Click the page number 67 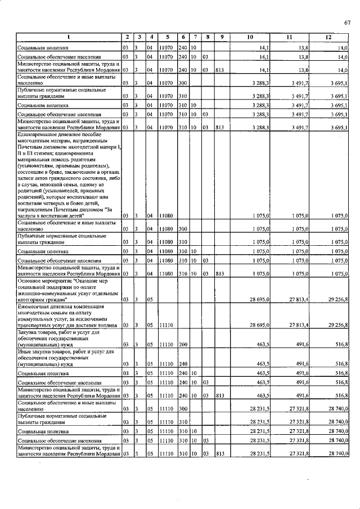(347, 22)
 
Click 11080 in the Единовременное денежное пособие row (165, 215)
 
